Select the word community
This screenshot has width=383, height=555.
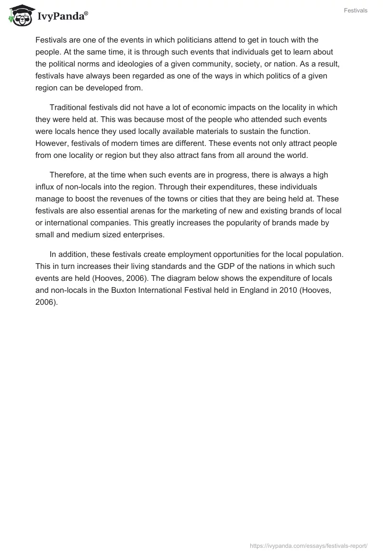click(x=211, y=64)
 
